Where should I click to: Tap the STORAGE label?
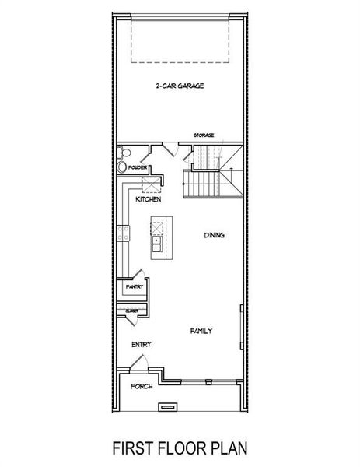pos(204,135)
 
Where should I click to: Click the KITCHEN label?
pos(148,200)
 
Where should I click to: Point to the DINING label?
pos(215,235)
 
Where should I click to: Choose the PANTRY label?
pos(135,286)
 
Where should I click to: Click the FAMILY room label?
pos(201,331)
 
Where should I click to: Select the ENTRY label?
pos(142,344)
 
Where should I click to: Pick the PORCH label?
pos(142,385)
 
